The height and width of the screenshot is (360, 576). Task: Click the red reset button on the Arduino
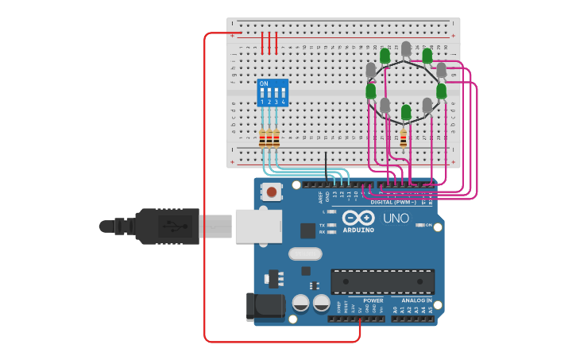tap(273, 192)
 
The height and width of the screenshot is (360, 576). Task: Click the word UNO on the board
tap(396, 219)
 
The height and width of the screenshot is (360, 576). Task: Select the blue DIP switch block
tap(272, 92)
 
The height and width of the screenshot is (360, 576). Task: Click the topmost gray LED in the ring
tap(406, 49)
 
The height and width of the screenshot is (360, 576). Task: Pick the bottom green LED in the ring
tap(406, 113)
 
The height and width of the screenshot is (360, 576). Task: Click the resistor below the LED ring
tap(403, 138)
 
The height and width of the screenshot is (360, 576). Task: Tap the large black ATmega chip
tap(382, 281)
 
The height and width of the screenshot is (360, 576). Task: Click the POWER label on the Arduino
tap(373, 301)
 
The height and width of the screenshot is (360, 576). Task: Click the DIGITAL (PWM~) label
tap(393, 202)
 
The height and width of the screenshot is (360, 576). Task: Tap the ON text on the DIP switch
tap(264, 83)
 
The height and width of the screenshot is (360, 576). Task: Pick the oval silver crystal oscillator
tap(305, 254)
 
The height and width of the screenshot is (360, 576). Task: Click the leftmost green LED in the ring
tap(370, 91)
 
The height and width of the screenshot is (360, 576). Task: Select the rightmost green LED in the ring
tap(442, 91)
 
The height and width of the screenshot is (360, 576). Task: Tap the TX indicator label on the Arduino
tap(322, 225)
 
